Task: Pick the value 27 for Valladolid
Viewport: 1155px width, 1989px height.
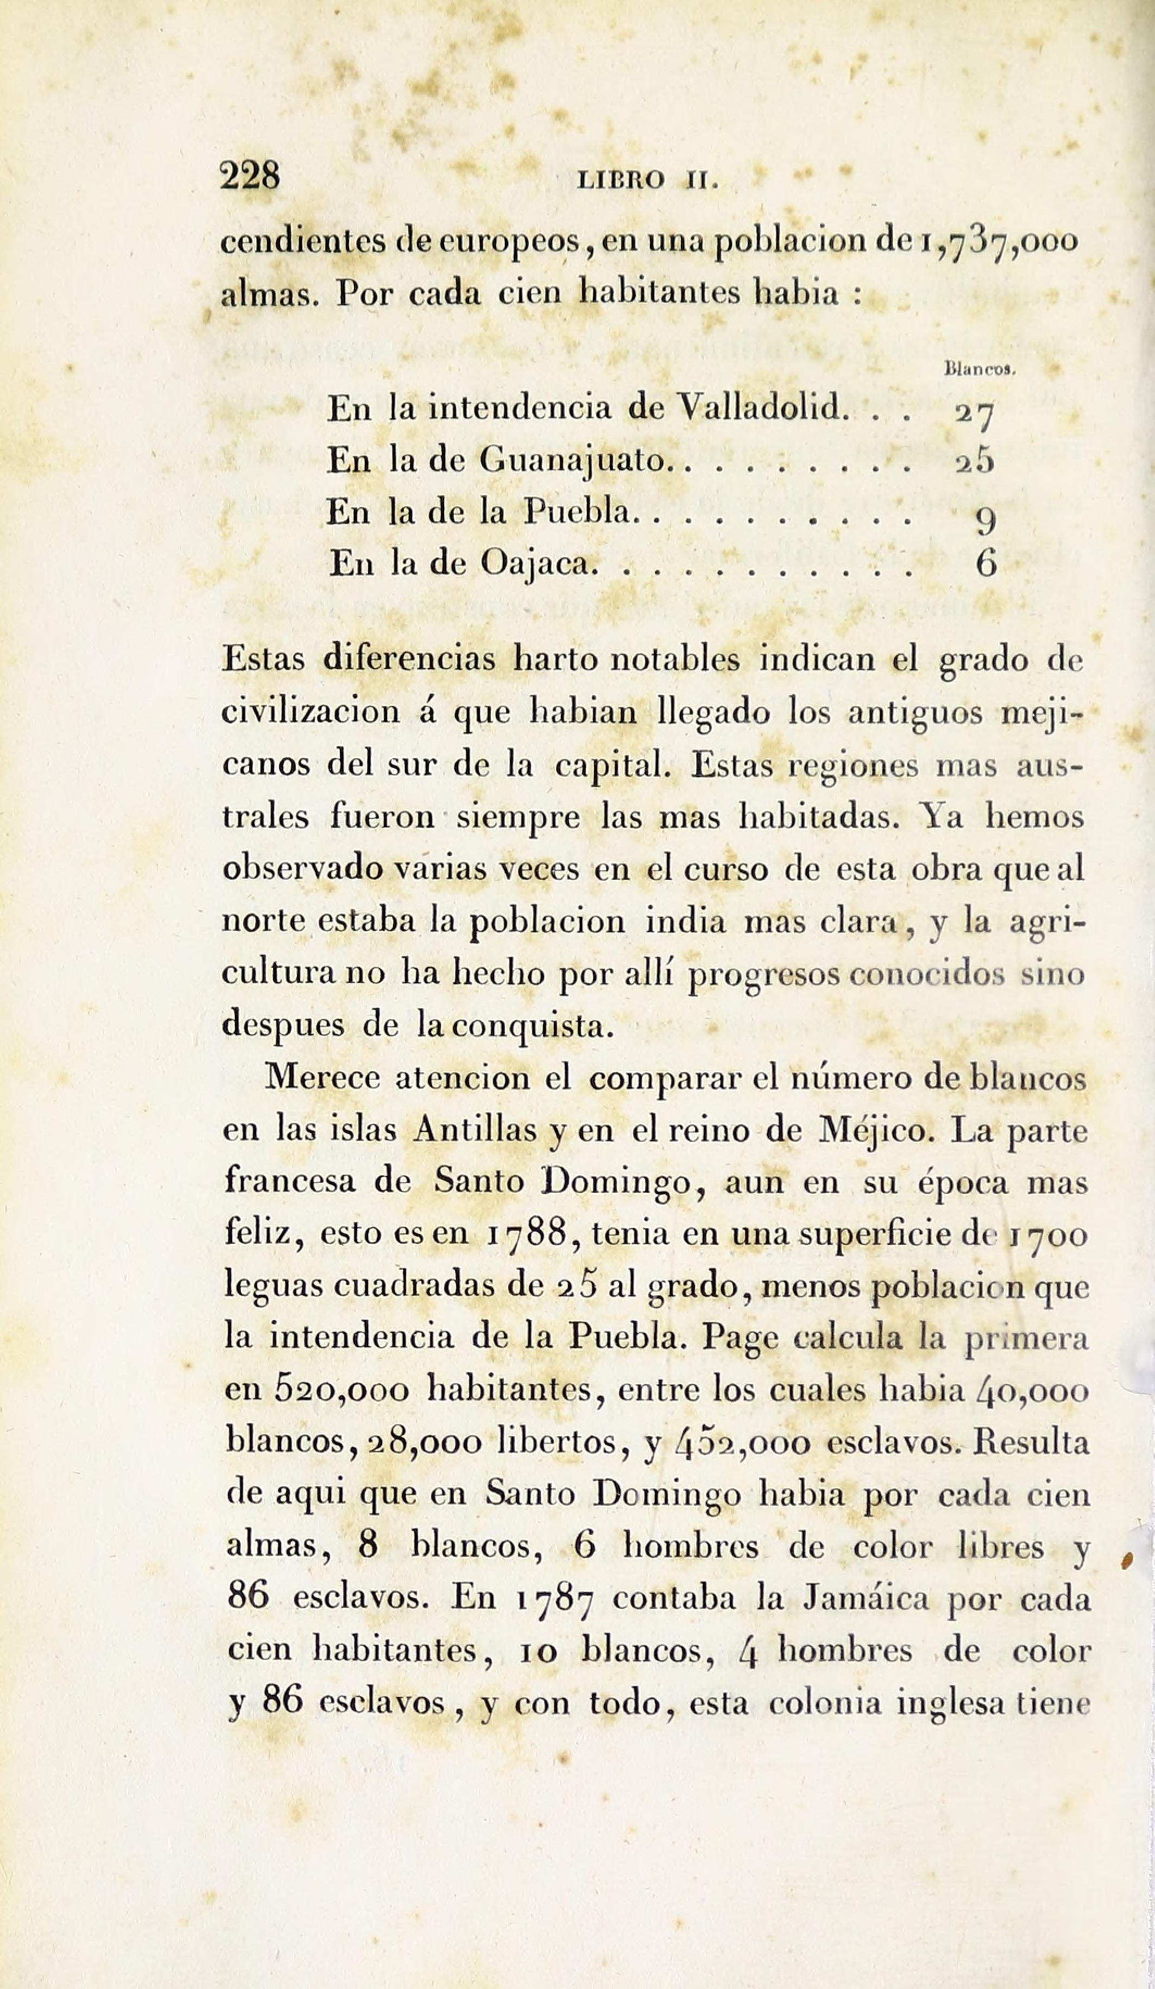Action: pos(974,413)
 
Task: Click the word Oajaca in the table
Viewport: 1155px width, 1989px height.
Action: pos(535,564)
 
